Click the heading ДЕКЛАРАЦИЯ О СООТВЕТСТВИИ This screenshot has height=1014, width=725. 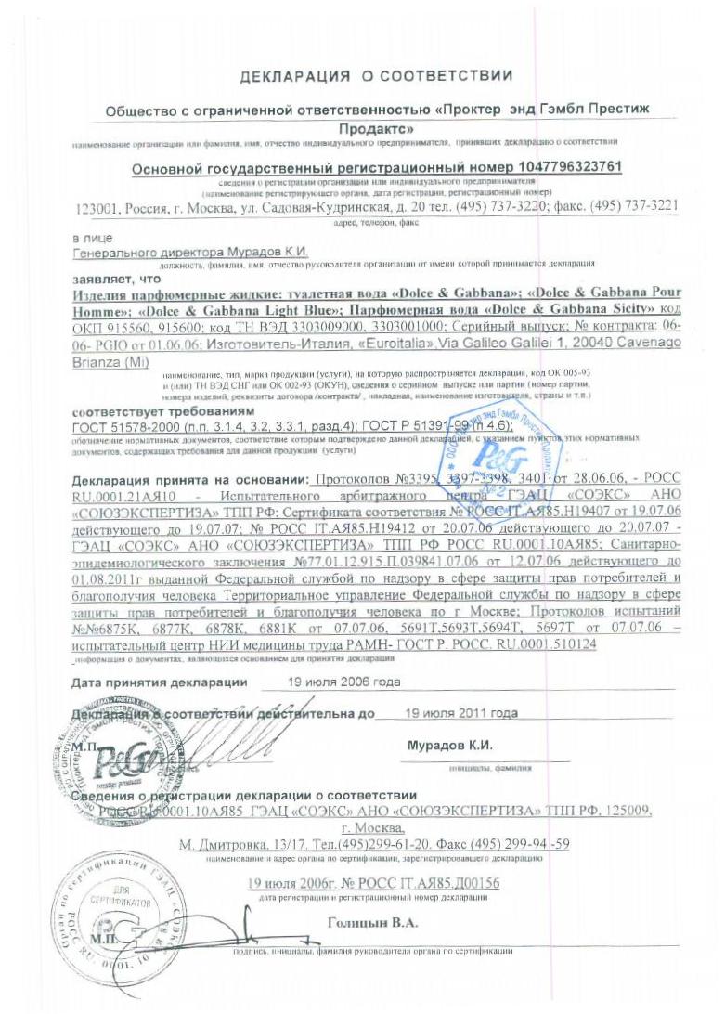(376, 74)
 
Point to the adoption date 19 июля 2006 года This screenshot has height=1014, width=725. (330, 682)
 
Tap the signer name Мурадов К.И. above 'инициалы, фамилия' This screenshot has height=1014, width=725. (449, 747)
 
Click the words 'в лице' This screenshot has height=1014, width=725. (92, 238)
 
